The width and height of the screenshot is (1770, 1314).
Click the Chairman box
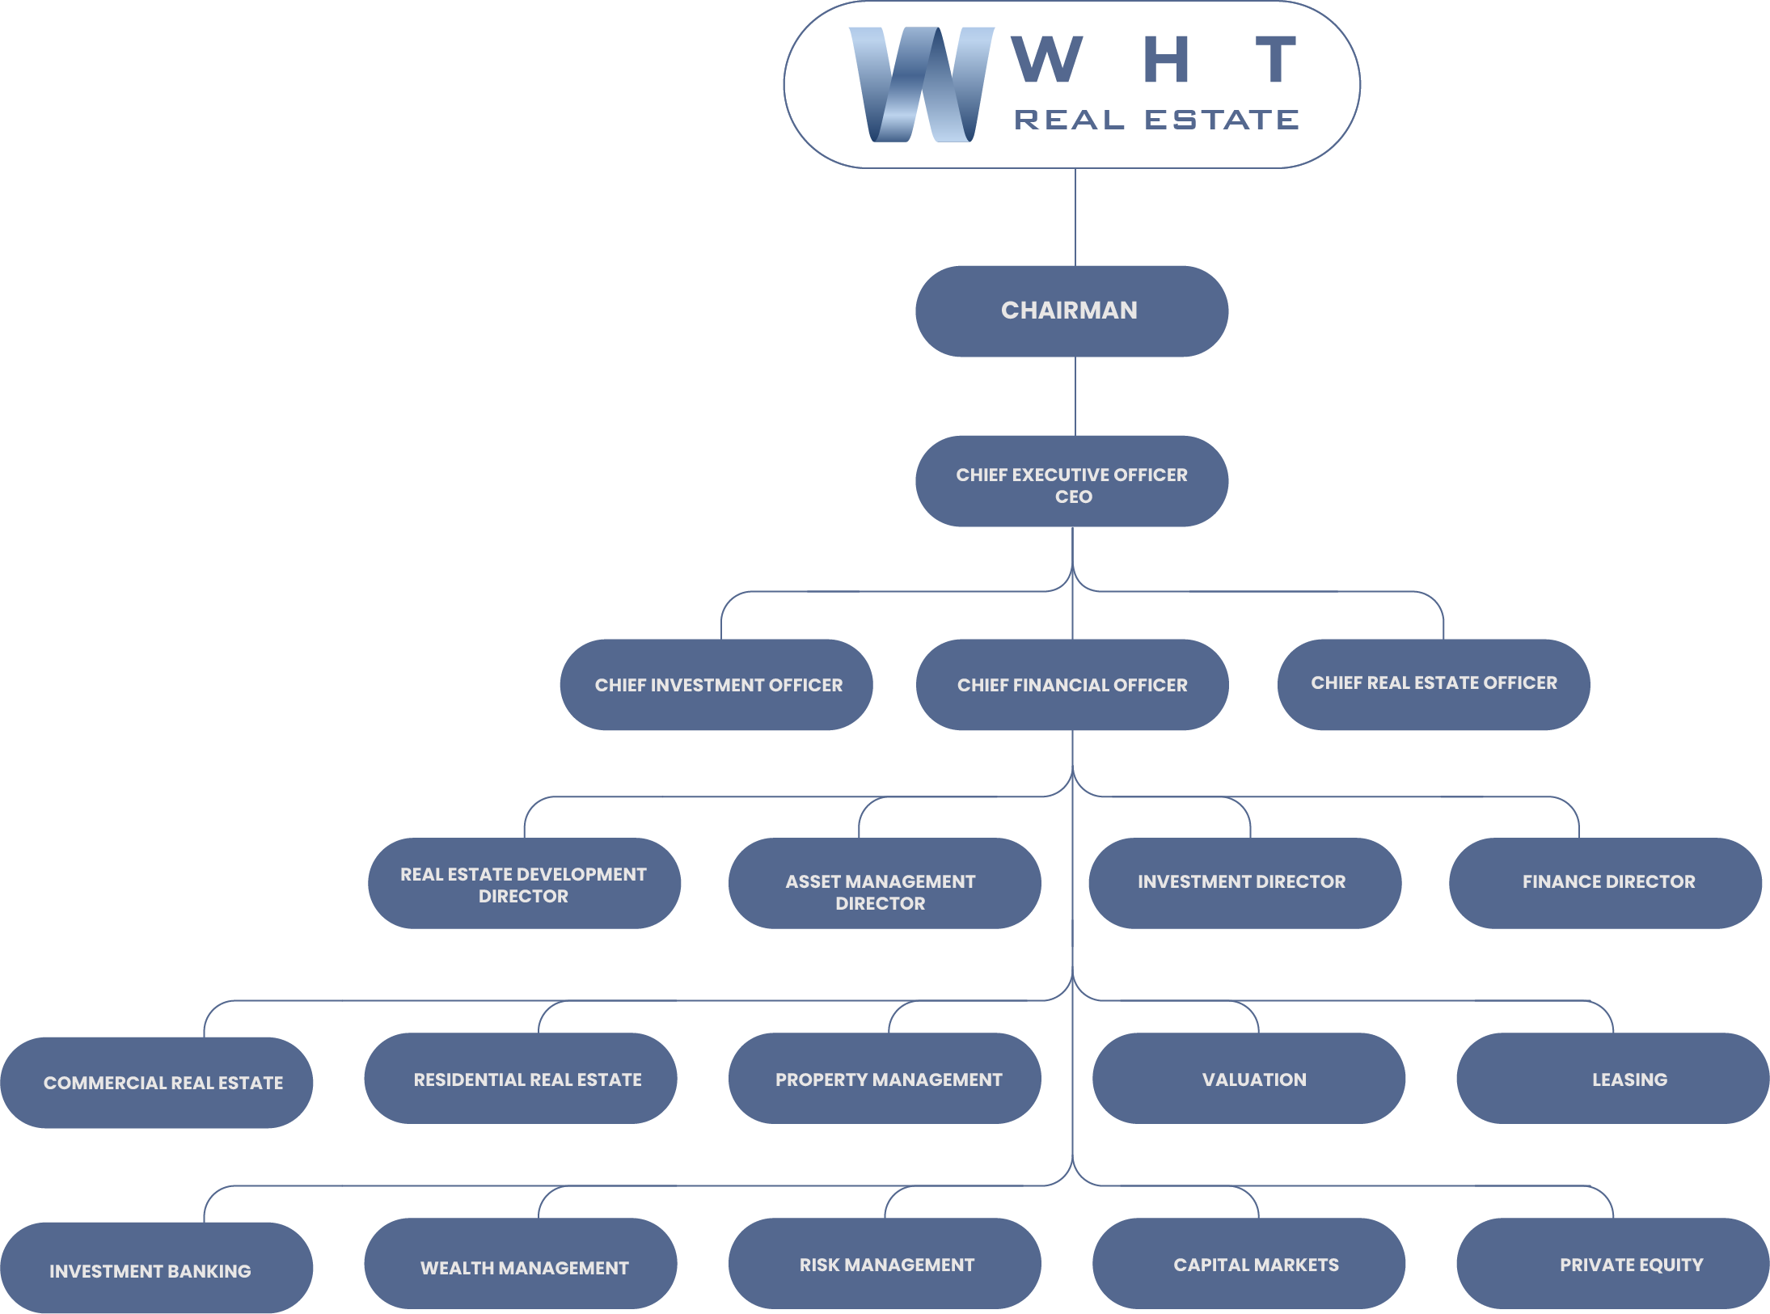point(1071,311)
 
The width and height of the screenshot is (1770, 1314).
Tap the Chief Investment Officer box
point(716,685)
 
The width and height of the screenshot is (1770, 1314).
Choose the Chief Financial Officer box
point(1072,685)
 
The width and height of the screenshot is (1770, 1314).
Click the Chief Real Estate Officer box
point(1434,684)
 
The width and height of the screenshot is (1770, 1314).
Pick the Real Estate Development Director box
point(524,884)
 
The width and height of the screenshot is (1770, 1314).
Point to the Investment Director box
point(1244,883)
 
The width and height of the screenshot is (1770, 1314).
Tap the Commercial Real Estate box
point(157,1083)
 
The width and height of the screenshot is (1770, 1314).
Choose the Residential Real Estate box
point(521,1079)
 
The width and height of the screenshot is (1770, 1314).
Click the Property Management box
point(885,1079)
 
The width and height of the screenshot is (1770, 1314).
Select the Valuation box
point(1248,1079)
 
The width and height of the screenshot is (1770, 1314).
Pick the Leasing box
point(1612,1079)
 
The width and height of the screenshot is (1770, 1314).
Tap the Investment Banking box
point(157,1268)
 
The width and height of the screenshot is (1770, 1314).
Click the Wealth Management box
point(521,1264)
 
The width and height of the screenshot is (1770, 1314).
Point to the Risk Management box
point(885,1264)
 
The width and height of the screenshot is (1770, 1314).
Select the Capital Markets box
point(1248,1264)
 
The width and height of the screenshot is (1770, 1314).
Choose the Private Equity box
point(1612,1264)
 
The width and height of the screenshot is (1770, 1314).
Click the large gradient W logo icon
point(921,84)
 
